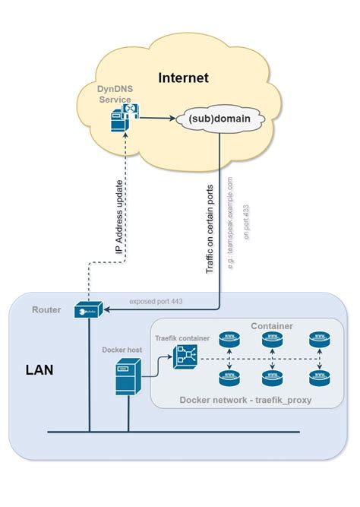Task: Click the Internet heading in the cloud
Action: click(x=183, y=78)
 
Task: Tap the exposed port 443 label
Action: click(x=156, y=301)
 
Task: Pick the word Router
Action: click(x=46, y=309)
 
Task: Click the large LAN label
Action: click(x=40, y=372)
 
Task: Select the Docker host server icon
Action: click(x=128, y=378)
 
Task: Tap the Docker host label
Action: click(x=122, y=350)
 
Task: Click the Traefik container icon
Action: click(x=185, y=356)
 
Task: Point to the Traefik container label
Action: click(x=182, y=337)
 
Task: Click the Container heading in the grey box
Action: click(x=272, y=326)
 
